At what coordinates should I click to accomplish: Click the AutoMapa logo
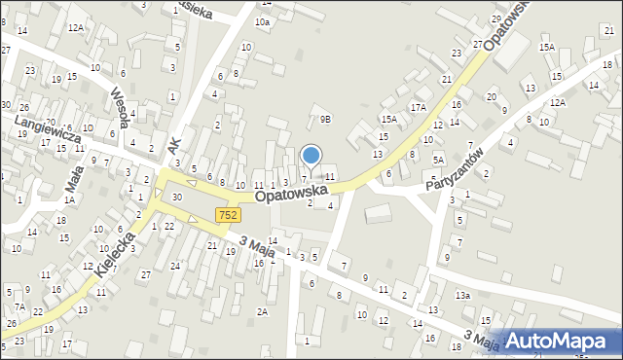pos(559,341)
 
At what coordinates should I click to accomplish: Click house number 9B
pos(326,120)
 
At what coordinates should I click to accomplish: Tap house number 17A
pos(419,107)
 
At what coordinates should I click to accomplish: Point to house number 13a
pos(463,295)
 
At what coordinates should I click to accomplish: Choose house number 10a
pos(262,21)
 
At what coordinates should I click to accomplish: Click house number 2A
pos(262,310)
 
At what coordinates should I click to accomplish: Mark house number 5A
pos(438,159)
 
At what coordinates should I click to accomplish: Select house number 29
pos(496,18)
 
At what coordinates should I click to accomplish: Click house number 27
pos(145,275)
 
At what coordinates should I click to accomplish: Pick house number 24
pos(175,266)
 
